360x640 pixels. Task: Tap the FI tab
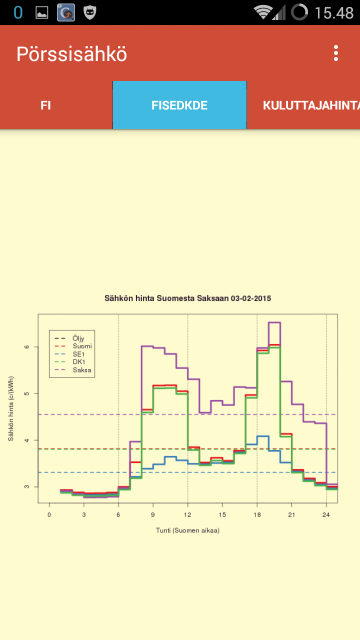(45, 105)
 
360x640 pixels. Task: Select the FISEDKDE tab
(179, 105)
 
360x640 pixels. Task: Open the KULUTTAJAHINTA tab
(311, 105)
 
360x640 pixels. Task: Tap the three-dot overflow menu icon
(336, 53)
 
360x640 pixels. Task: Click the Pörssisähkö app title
(71, 53)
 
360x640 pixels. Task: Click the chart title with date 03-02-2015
(187, 298)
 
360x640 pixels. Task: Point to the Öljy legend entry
(69, 338)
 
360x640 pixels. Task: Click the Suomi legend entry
(73, 346)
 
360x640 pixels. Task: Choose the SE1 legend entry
(69, 354)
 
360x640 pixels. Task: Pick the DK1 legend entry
(69, 361)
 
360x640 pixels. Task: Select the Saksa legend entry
(73, 370)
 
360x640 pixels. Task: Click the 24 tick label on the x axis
(326, 514)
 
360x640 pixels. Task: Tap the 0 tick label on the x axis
(49, 514)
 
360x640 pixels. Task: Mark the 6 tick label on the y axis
(27, 347)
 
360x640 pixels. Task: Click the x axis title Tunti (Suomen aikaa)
(187, 530)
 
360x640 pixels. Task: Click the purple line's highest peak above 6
(274, 322)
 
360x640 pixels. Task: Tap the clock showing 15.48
(334, 13)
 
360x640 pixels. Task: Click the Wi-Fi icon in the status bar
(263, 12)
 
